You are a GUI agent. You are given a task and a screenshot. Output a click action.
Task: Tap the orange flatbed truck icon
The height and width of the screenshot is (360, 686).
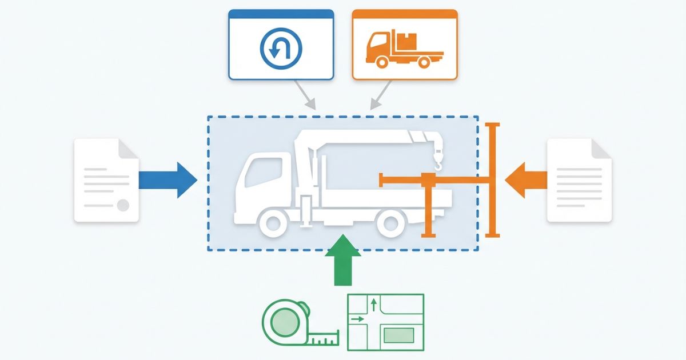pyautogui.click(x=404, y=50)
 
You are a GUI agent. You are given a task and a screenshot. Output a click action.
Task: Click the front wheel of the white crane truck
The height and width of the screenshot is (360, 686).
pyautogui.click(x=275, y=223)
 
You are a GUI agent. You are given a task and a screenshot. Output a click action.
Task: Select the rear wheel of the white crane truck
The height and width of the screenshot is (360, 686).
pyautogui.click(x=393, y=223)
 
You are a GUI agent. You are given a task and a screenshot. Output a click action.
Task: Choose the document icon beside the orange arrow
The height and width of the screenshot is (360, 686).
pyautogui.click(x=579, y=180)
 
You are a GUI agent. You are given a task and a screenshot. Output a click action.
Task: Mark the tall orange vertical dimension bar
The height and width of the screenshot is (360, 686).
pyautogui.click(x=492, y=180)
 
